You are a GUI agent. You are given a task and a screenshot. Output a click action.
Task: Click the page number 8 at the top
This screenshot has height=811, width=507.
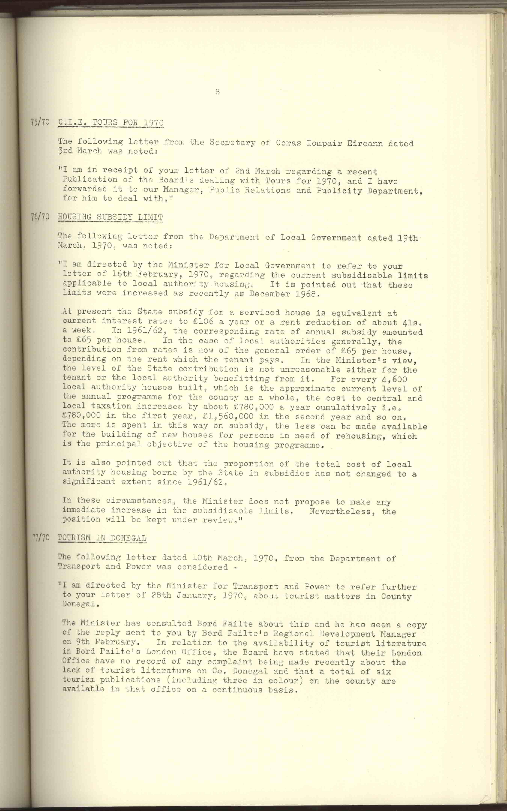[x=218, y=91]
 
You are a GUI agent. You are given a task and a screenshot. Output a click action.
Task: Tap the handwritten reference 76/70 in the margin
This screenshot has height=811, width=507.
[x=40, y=217]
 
